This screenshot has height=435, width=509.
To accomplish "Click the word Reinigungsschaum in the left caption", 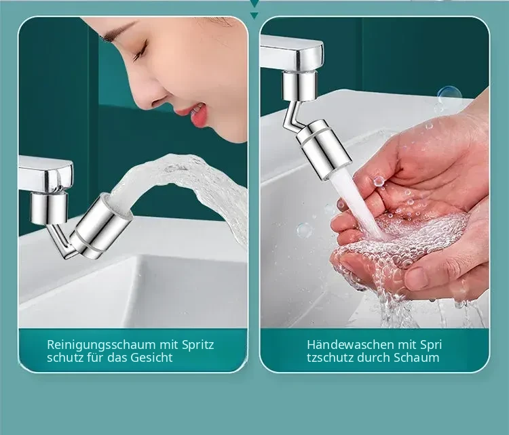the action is (101, 345).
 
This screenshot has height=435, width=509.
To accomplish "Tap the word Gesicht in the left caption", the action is (151, 358).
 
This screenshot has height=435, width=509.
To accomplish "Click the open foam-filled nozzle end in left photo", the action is (117, 203).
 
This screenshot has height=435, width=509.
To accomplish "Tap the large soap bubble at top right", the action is (449, 96).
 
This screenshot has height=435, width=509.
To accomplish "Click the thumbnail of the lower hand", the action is (418, 278).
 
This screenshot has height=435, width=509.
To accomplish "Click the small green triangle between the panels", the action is (254, 15).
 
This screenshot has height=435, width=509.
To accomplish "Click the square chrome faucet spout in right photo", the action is (292, 53).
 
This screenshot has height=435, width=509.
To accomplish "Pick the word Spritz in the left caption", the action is (198, 346).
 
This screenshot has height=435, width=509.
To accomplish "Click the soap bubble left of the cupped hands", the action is (305, 231).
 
